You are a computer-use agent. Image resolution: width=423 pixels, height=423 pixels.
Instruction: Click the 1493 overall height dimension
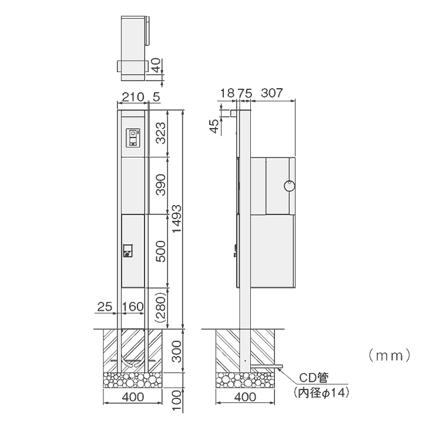(x=177, y=219)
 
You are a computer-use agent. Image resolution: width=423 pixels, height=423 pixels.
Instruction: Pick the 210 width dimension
(x=133, y=97)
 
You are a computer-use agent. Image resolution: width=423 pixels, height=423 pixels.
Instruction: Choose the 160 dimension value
(x=133, y=307)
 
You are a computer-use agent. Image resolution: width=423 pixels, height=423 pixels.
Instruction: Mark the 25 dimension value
(x=105, y=307)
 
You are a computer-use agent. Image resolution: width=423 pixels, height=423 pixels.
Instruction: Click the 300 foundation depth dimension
(x=177, y=351)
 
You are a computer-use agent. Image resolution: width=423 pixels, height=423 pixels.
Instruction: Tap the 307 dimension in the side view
(x=271, y=93)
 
